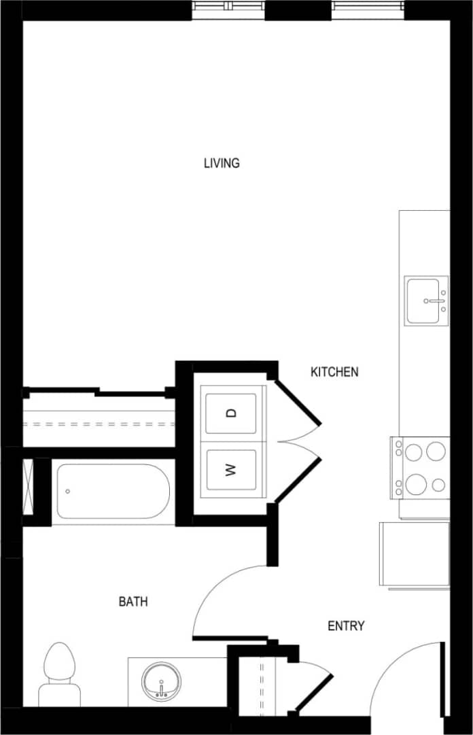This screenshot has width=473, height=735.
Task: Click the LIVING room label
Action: (222, 163)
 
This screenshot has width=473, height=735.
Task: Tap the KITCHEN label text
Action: (334, 372)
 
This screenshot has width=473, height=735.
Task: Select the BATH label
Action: (133, 602)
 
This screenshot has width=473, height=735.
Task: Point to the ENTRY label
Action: (346, 626)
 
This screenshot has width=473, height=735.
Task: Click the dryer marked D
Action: (231, 413)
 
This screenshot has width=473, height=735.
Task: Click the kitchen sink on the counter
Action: (426, 300)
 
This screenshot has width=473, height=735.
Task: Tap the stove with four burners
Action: (420, 468)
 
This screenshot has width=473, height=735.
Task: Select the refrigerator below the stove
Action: (415, 553)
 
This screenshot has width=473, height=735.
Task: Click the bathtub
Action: (113, 491)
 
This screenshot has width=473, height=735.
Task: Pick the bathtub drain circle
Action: (68, 491)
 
